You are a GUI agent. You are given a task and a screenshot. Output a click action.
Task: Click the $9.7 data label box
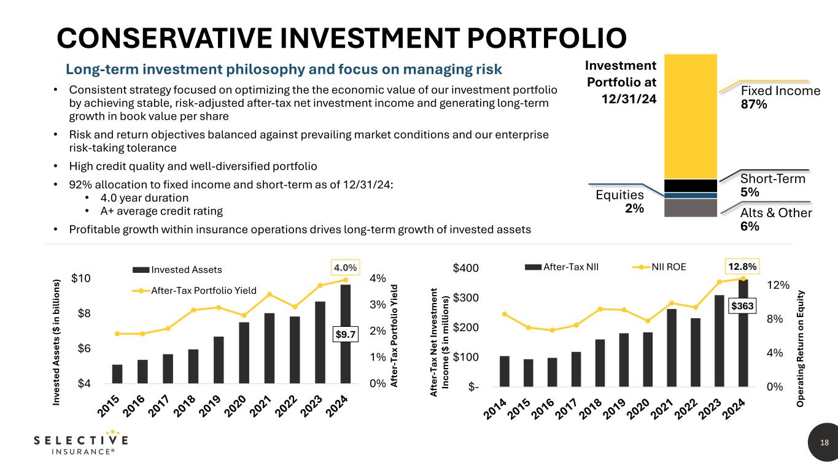click(x=345, y=334)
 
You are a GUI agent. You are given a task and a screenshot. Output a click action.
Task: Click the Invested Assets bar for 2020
click(x=244, y=353)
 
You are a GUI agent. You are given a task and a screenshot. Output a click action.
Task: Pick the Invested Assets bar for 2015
click(x=117, y=373)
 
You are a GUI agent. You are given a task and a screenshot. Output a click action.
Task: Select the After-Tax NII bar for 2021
click(x=671, y=348)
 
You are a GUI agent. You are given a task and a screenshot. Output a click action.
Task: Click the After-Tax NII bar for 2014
click(x=505, y=371)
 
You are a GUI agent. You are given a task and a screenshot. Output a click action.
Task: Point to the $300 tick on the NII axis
click(x=466, y=298)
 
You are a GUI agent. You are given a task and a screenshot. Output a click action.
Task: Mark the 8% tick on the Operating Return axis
click(x=778, y=319)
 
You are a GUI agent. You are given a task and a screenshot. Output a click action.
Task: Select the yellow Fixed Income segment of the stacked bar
click(x=691, y=117)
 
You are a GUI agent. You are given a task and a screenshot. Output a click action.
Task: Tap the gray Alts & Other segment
click(x=691, y=208)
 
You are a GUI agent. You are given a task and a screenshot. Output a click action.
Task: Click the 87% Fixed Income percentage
click(x=754, y=105)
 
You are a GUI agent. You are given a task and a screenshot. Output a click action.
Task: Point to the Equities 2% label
click(x=620, y=201)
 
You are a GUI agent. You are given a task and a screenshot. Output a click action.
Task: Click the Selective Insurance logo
click(x=80, y=445)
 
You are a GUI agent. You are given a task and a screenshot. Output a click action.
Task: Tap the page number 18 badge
click(x=824, y=443)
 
